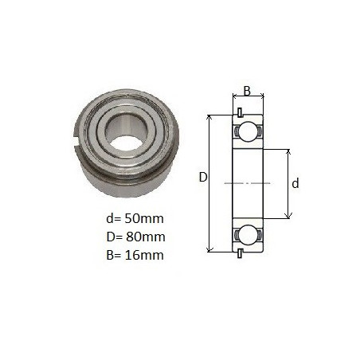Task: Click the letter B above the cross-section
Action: coord(247,91)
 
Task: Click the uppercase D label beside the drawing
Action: coord(203,177)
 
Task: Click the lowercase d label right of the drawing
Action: coord(295,183)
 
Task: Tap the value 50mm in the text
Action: coord(144,219)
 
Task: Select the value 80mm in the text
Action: coord(146,237)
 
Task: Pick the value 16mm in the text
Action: coord(144,255)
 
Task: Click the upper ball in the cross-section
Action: coord(248,131)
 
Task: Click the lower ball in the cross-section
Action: coord(248,235)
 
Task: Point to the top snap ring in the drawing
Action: coord(240,112)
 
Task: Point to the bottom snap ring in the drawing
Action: coord(240,253)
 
